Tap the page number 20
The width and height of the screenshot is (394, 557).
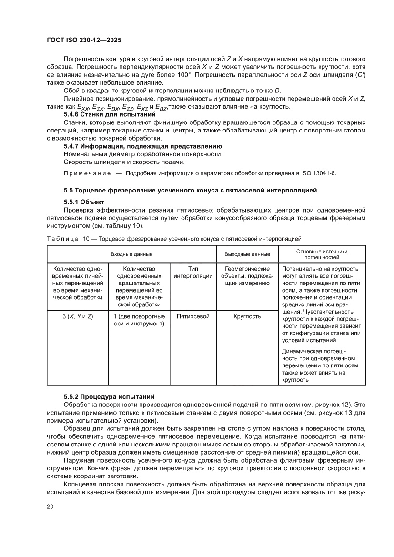[50, 506]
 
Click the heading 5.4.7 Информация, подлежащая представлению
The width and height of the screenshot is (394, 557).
[142, 146]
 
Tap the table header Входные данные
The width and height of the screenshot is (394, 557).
[131, 254]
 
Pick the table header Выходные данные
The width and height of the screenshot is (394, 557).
[247, 254]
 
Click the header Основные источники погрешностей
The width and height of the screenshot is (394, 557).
[322, 254]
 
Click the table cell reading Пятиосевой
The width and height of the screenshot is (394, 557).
[193, 316]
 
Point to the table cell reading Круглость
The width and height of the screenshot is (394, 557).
[247, 316]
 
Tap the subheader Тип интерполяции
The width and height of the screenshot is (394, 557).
[193, 273]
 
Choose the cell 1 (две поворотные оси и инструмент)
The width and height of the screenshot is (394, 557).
[139, 320]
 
